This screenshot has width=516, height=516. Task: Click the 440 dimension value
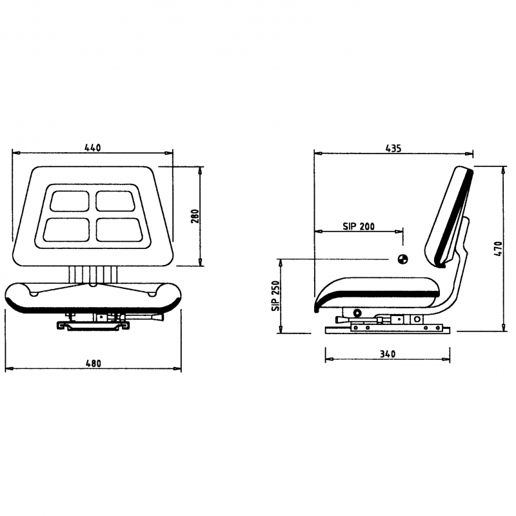93,148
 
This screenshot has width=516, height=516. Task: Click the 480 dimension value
94,364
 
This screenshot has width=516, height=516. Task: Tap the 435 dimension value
393,148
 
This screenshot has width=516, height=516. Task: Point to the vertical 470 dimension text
497,248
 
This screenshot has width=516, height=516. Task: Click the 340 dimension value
387,354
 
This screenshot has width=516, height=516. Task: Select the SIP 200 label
359,227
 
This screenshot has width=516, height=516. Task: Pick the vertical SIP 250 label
275,297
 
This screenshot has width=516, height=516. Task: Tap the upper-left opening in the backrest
70,200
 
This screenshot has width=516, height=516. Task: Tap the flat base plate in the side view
387,330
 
